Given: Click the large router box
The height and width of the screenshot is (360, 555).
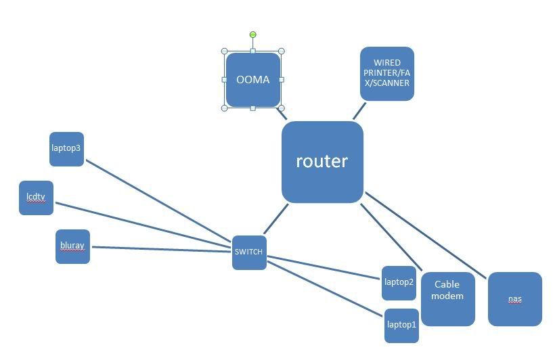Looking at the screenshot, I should pyautogui.click(x=322, y=162).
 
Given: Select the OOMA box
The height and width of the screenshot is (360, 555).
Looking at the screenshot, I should pyautogui.click(x=252, y=80).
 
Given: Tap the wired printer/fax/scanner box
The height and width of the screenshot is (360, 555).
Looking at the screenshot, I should pyautogui.click(x=386, y=74).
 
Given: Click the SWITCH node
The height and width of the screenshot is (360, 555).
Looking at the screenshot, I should pyautogui.click(x=249, y=252).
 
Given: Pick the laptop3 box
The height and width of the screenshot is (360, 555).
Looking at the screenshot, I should pyautogui.click(x=66, y=149).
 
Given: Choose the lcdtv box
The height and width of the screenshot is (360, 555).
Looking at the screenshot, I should pyautogui.click(x=36, y=198).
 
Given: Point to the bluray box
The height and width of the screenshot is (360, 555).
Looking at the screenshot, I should pyautogui.click(x=72, y=246).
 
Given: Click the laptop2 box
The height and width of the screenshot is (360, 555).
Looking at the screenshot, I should pyautogui.click(x=399, y=282).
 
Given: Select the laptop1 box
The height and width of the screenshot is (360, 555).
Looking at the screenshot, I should pyautogui.click(x=401, y=325).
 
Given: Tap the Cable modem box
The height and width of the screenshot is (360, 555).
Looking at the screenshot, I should pyautogui.click(x=447, y=298).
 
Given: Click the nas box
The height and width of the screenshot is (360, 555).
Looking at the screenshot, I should pyautogui.click(x=514, y=298).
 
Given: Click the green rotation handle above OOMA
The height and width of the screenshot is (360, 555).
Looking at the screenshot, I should pyautogui.click(x=252, y=35).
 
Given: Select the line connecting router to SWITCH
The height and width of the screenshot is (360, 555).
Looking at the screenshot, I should pyautogui.click(x=275, y=219).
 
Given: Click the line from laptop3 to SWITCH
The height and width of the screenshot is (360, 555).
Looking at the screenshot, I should pyautogui.click(x=159, y=201).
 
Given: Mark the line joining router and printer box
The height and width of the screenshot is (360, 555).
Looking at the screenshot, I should pyautogui.click(x=359, y=111).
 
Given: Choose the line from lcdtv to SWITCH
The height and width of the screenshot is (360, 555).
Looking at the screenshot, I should pyautogui.click(x=142, y=223).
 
